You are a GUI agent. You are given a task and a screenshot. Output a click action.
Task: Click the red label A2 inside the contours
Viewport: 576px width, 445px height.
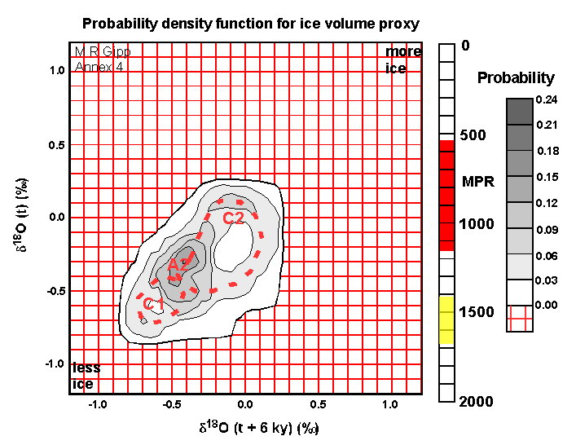click(178, 265)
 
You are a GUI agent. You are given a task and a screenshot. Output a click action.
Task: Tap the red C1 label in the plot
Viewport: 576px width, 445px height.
click(153, 305)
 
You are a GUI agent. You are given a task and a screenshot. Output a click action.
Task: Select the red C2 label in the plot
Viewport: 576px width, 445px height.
click(234, 218)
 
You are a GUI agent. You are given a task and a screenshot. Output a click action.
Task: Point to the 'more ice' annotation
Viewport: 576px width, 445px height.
click(402, 60)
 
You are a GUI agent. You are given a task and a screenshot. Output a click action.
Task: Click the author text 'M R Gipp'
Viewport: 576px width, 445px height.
click(102, 52)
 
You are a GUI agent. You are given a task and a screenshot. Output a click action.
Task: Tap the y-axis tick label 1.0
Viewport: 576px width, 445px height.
click(55, 70)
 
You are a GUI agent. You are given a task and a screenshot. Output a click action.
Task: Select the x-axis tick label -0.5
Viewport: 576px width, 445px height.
click(171, 405)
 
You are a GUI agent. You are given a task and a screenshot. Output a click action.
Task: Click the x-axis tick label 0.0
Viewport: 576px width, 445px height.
click(244, 405)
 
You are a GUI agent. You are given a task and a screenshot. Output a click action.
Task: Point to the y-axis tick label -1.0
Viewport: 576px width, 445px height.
click(54, 363)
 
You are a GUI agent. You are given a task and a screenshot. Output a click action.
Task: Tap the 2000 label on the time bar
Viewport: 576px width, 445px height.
click(475, 401)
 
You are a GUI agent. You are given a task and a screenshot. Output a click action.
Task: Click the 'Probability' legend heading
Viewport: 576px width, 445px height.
click(515, 78)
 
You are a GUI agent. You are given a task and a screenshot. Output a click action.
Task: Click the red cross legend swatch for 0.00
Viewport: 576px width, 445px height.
click(519, 319)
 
